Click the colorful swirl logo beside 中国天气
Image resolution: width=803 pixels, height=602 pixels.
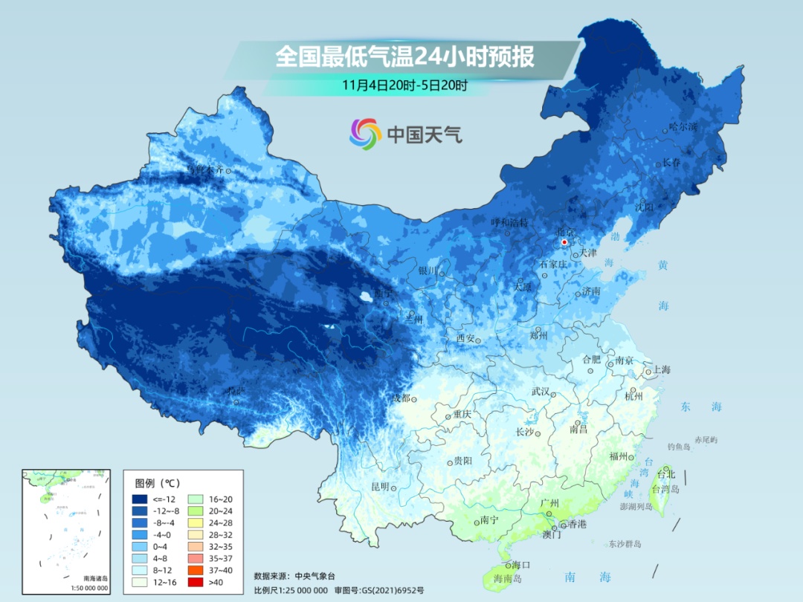click(x=365, y=133)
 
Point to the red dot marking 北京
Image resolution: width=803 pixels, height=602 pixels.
click(x=564, y=242)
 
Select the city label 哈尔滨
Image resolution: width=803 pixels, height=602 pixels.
click(x=683, y=127)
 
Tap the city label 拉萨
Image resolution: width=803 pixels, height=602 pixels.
click(x=236, y=391)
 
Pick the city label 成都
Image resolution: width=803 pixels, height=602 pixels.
click(x=401, y=398)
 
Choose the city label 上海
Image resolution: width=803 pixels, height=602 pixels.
click(x=661, y=370)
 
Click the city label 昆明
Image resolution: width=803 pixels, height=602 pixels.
click(x=380, y=487)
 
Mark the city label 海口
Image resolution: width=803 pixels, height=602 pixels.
click(x=521, y=566)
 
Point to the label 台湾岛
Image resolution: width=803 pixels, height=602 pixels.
click(x=666, y=489)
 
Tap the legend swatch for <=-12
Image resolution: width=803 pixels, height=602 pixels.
click(x=139, y=499)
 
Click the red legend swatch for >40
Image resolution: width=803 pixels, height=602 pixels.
click(x=196, y=582)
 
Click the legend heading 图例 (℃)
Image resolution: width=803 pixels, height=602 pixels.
click(x=152, y=483)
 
